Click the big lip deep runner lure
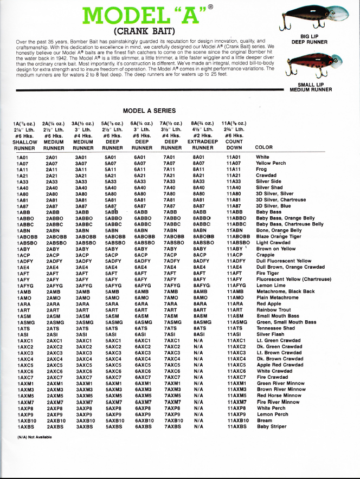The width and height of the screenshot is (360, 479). pyautogui.click(x=309, y=16)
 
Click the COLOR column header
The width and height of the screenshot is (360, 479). pyautogui.click(x=264, y=147)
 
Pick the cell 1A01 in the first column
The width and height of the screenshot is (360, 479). pyautogui.click(x=23, y=157)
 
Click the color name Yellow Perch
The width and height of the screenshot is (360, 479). pyautogui.click(x=271, y=163)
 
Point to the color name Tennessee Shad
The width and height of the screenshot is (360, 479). pyautogui.click(x=275, y=328)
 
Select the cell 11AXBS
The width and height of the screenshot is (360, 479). pyautogui.click(x=236, y=427)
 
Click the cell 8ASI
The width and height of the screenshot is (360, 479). pyautogui.click(x=199, y=334)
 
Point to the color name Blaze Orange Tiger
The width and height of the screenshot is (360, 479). pyautogui.click(x=279, y=236)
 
